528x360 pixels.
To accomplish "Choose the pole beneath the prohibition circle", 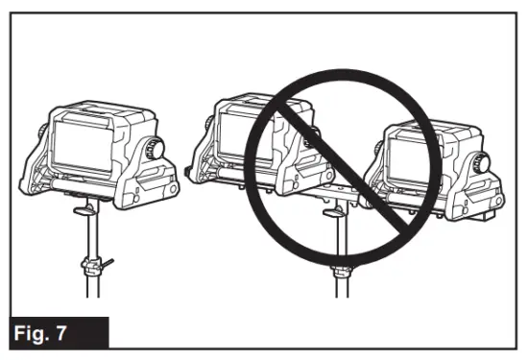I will tap(335, 288).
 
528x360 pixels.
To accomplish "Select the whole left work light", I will tap(101, 149).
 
